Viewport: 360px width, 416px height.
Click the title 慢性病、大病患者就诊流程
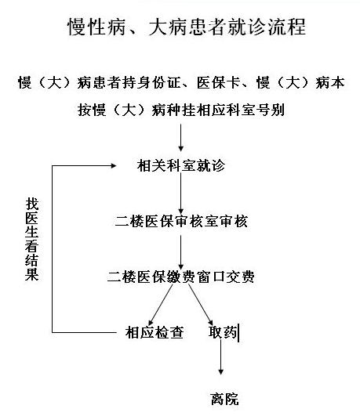coord(187,27)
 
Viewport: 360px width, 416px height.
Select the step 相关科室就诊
coord(181,165)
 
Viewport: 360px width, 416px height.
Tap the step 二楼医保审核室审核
coord(181,221)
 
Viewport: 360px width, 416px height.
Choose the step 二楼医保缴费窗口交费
coord(181,277)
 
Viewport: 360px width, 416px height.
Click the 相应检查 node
coord(155,332)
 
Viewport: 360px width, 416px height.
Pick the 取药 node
coord(223,332)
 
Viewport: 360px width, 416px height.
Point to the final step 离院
coord(224,399)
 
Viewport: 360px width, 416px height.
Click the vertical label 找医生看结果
coord(32,239)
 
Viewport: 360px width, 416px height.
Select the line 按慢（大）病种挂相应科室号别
coord(181,110)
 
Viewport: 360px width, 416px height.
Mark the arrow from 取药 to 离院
coord(220,356)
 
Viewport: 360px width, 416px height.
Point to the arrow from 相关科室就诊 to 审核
coord(181,194)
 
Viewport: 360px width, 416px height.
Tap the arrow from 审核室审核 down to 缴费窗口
coord(181,252)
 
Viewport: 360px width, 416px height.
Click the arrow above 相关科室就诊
coord(181,137)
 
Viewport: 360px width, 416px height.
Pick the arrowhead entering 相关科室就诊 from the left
coord(114,166)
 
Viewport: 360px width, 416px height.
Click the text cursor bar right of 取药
coord(238,333)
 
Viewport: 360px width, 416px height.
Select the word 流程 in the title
coord(287,27)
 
